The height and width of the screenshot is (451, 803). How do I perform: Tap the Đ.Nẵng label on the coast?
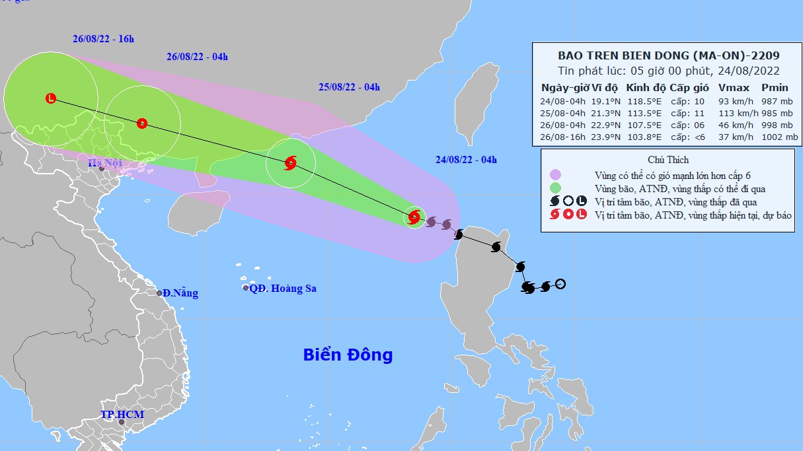click(x=180, y=293)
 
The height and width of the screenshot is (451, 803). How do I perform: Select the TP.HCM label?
click(x=122, y=415)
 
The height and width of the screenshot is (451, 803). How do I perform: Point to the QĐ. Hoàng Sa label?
click(x=283, y=289)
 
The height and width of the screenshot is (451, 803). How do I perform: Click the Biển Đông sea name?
click(x=348, y=355)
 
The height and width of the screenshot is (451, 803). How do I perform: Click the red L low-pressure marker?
click(x=51, y=98)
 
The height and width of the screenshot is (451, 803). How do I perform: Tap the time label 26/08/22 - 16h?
click(x=103, y=38)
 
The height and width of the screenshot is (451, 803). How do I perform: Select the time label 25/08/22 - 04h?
click(x=349, y=87)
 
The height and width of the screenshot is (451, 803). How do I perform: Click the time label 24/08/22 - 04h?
click(x=466, y=159)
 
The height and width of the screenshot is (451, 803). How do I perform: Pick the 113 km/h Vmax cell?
click(x=732, y=112)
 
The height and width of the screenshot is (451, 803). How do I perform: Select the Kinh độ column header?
click(x=645, y=88)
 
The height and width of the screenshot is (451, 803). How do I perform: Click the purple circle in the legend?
click(x=555, y=175)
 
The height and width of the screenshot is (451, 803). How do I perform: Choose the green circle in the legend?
click(x=555, y=188)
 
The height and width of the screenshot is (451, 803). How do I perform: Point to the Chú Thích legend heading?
click(x=668, y=160)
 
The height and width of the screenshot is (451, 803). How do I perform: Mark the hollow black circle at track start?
click(x=560, y=284)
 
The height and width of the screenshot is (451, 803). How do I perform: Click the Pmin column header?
click(x=774, y=88)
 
